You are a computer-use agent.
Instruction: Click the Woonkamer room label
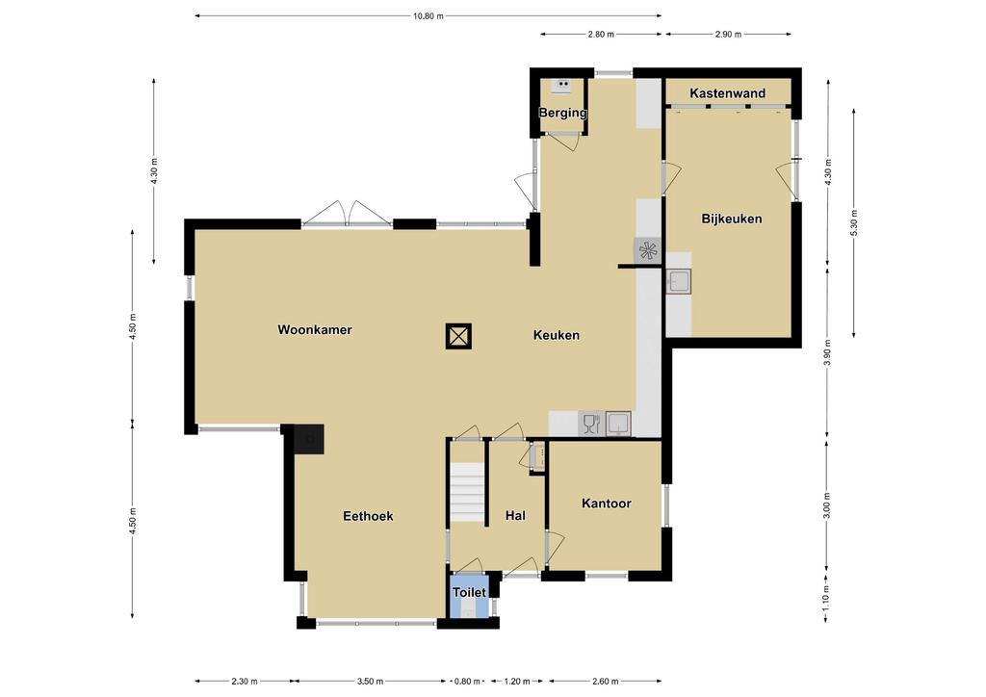point(315,330)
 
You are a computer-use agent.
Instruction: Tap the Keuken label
point(556,335)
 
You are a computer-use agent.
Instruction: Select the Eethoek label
point(368,516)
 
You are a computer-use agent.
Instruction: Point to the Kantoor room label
point(607,503)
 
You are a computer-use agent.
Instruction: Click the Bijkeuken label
point(732,219)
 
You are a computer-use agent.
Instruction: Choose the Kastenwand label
point(728,93)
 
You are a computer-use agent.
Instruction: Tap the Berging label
point(562,114)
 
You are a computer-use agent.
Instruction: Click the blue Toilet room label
point(469,593)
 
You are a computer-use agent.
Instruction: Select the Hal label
point(516,516)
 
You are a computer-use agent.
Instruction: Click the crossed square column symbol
point(458,336)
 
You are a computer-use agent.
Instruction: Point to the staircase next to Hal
point(467,492)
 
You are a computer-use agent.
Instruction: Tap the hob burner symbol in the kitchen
point(647,249)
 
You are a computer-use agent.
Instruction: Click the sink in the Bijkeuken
point(679,281)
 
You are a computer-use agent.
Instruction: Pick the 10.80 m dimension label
point(428,16)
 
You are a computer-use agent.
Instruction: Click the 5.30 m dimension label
point(853,223)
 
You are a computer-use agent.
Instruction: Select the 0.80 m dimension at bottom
point(467,681)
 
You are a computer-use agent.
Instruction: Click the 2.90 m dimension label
point(728,35)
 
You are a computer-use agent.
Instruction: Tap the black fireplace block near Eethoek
point(309,439)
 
